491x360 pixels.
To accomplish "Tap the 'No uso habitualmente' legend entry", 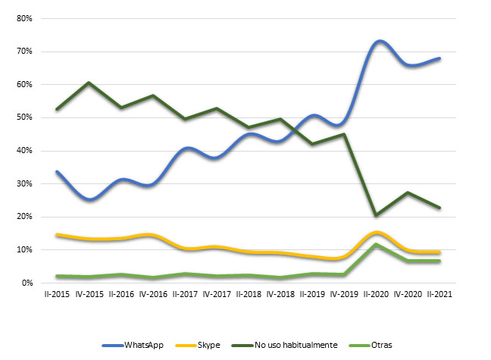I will point(296,346).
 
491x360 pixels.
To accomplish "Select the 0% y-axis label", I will point(27,283).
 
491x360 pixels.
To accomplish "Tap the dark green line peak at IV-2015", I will point(90,83).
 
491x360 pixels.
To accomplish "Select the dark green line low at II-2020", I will point(376,215).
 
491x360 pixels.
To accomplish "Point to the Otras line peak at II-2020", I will point(377,244).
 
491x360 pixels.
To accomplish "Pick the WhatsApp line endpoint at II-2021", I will point(439,58).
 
